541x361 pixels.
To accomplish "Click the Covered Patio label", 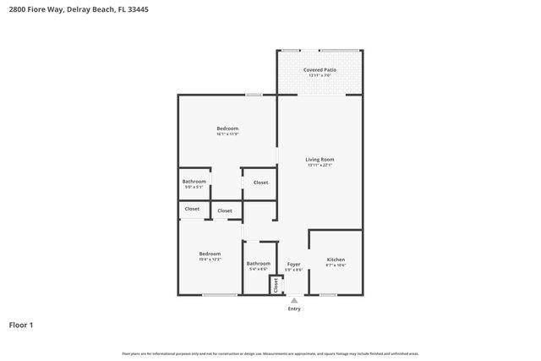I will (320, 70).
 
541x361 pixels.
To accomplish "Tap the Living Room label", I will (320, 159).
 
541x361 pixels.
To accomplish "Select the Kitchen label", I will (336, 260).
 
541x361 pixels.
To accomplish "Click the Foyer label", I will (293, 264).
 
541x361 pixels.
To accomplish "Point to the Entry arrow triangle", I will (293, 300).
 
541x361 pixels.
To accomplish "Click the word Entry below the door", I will (293, 309).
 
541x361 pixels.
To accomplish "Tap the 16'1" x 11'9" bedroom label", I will (227, 129).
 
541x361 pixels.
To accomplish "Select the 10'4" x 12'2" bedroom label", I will (210, 254).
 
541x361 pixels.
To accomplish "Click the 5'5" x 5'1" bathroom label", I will (194, 182).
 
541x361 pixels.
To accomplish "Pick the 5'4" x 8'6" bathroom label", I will (259, 264).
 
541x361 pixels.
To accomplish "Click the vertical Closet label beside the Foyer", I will (276, 285).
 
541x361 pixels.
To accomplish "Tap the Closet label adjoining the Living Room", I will (260, 182).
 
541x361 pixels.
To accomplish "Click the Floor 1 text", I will (21, 325).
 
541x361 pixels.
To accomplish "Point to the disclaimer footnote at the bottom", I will (270, 353).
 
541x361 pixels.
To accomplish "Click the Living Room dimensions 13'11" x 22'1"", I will (320, 165).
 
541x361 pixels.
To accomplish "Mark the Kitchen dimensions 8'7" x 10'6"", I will (336, 265).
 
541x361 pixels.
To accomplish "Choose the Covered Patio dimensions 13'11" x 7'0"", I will (320, 76).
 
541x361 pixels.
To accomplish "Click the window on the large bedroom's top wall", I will (253, 95).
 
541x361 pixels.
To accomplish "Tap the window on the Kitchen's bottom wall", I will (328, 295).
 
